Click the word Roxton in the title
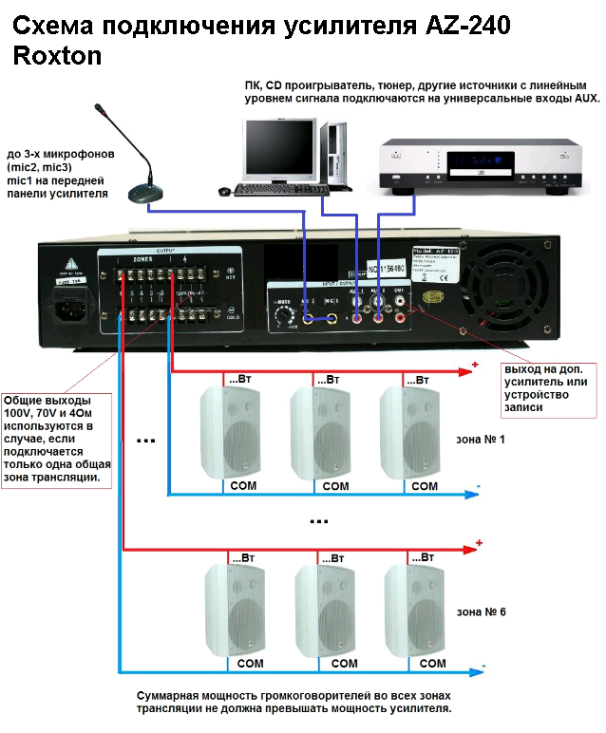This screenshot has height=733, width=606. pyautogui.click(x=58, y=57)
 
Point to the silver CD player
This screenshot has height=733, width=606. pyautogui.click(x=479, y=164)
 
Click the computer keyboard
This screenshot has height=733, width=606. pyautogui.click(x=281, y=190)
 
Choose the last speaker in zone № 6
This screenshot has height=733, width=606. pyautogui.click(x=414, y=608)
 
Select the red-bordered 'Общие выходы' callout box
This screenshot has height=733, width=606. pyautogui.click(x=58, y=426)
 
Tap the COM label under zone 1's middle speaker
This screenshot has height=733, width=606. pyautogui.click(x=335, y=486)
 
